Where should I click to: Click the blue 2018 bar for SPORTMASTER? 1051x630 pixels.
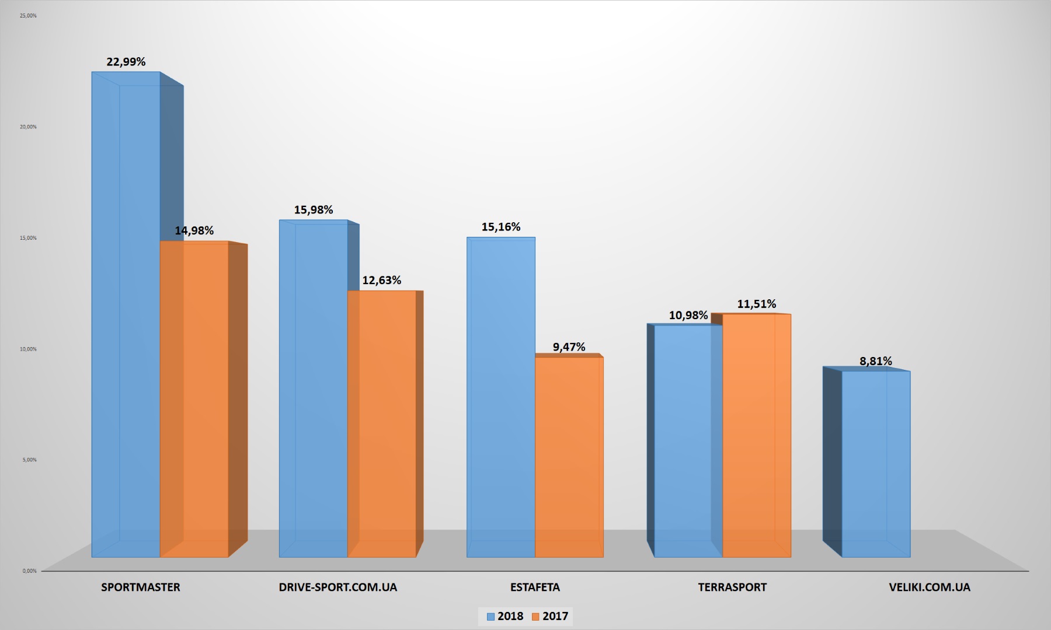pyautogui.click(x=126, y=315)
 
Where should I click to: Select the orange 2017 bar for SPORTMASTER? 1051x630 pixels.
pyautogui.click(x=194, y=400)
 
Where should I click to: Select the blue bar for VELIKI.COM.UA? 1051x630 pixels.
pyautogui.click(x=875, y=464)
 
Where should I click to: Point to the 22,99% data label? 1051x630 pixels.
pyautogui.click(x=126, y=62)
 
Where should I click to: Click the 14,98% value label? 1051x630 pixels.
pyautogui.click(x=194, y=230)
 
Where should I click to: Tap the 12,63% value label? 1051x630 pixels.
pyautogui.click(x=381, y=280)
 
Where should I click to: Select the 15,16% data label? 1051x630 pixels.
pyautogui.click(x=500, y=227)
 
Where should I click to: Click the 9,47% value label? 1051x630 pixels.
pyautogui.click(x=569, y=347)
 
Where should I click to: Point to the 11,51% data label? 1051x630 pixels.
pyautogui.click(x=756, y=304)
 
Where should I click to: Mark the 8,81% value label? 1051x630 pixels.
pyautogui.click(x=875, y=361)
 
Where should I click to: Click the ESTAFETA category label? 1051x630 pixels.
pyautogui.click(x=535, y=587)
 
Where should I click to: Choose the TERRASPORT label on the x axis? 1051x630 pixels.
pyautogui.click(x=732, y=587)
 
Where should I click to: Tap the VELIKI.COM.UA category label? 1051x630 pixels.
pyautogui.click(x=929, y=587)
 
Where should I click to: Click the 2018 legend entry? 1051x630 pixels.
pyautogui.click(x=505, y=617)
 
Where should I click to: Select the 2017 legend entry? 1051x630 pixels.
pyautogui.click(x=550, y=617)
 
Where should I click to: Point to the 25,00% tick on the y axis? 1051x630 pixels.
pyautogui.click(x=28, y=16)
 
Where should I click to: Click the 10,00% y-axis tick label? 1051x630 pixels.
pyautogui.click(x=28, y=349)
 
